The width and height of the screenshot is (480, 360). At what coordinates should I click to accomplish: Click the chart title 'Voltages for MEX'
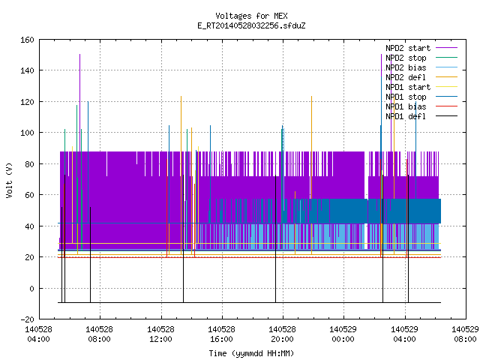coord(251,16)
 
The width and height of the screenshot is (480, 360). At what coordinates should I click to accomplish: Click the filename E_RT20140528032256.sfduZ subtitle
coord(251,25)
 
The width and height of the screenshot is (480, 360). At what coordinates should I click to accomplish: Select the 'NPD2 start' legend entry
coord(421,48)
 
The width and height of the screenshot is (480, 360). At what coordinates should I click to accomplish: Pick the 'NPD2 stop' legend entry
coord(421,58)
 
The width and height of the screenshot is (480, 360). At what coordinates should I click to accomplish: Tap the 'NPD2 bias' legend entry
coord(421,67)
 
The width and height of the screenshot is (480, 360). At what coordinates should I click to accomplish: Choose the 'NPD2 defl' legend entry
coord(421,77)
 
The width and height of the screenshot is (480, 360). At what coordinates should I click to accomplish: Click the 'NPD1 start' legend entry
coord(421,87)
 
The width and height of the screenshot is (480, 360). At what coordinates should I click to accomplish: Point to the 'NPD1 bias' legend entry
coord(421,106)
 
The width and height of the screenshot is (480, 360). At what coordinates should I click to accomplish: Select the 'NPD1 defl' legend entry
coord(421,116)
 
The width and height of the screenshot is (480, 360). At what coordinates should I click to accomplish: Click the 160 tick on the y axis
coord(27,40)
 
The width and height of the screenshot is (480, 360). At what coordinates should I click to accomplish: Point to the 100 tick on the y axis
coord(27,133)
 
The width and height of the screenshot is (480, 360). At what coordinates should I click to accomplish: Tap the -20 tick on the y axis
coord(27,319)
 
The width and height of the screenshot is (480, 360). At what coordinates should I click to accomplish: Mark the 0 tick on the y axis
coord(31,288)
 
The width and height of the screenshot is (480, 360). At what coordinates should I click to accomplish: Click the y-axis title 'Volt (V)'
coord(9,180)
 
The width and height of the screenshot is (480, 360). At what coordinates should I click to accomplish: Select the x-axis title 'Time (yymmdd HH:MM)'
coord(251,353)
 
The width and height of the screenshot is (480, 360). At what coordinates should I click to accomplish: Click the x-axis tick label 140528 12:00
coord(160,334)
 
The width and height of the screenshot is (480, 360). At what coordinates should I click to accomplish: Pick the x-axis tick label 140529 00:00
coord(343,334)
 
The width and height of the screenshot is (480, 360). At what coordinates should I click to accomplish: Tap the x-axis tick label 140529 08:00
coord(465,334)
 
